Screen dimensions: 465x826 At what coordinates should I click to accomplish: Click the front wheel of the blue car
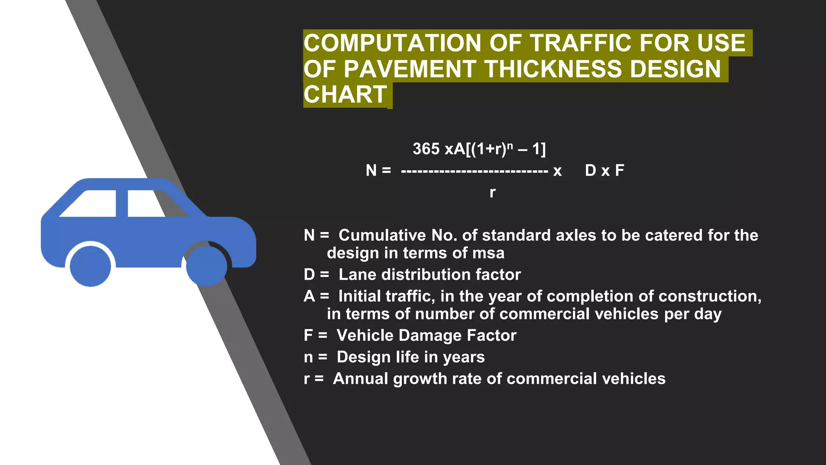(206, 266)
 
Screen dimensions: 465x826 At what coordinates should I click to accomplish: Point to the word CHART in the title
(345, 94)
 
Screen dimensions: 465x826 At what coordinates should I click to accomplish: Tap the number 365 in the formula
(426, 149)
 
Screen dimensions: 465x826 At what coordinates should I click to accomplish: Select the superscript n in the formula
(510, 145)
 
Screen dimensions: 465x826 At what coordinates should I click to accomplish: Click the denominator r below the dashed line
(492, 193)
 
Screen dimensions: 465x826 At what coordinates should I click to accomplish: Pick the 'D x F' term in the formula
(604, 170)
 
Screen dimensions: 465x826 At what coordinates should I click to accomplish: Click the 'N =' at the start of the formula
(378, 170)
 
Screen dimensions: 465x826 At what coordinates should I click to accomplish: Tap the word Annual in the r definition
(360, 379)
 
